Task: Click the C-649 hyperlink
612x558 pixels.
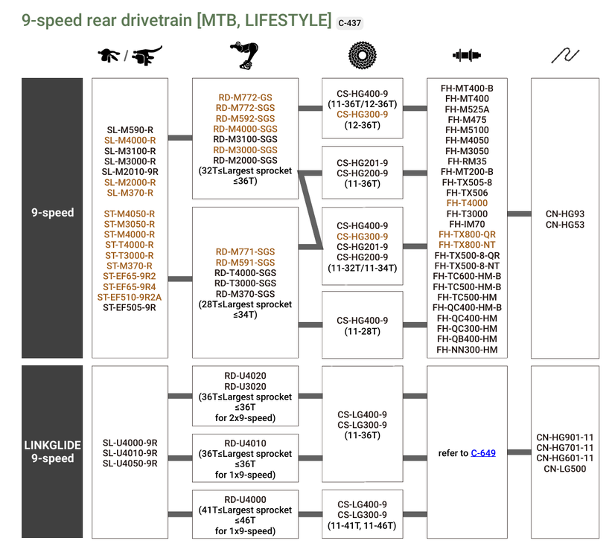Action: pyautogui.click(x=483, y=452)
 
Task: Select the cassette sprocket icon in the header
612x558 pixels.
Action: pyautogui.click(x=363, y=56)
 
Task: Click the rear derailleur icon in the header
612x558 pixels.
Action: pyautogui.click(x=246, y=57)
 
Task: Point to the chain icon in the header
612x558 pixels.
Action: pyautogui.click(x=564, y=56)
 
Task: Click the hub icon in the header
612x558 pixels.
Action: pyautogui.click(x=468, y=56)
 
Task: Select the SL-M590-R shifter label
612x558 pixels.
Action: pyautogui.click(x=130, y=129)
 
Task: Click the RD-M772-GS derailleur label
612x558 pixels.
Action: pyautogui.click(x=245, y=97)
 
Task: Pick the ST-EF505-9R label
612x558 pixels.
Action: pyautogui.click(x=130, y=307)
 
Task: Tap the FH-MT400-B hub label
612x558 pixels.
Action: pyautogui.click(x=468, y=88)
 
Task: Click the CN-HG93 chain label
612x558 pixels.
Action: pyautogui.click(x=564, y=213)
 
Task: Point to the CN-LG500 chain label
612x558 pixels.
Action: pyautogui.click(x=564, y=469)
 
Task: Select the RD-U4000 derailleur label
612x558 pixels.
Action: pyautogui.click(x=245, y=499)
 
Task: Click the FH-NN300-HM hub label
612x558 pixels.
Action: pyautogui.click(x=468, y=349)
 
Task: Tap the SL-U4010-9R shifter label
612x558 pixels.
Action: pyautogui.click(x=130, y=452)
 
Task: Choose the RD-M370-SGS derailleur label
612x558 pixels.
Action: pyautogui.click(x=245, y=294)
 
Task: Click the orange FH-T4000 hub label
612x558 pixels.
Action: pyautogui.click(x=468, y=203)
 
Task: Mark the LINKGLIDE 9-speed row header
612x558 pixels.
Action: pyautogui.click(x=52, y=452)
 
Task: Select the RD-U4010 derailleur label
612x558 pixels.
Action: pyautogui.click(x=245, y=443)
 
